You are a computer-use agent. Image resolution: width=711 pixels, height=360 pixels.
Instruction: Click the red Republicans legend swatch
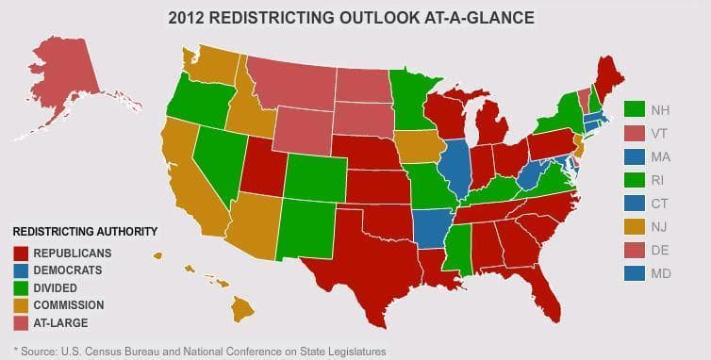[x=21, y=253]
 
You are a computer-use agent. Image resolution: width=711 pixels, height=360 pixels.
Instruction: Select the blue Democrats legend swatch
[x=21, y=270]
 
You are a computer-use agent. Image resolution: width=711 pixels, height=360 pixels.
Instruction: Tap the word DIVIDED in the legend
[x=56, y=287]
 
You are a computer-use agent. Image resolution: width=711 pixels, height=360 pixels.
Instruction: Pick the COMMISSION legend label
[x=68, y=305]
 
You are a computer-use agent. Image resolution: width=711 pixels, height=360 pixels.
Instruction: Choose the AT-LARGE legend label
[x=60, y=323]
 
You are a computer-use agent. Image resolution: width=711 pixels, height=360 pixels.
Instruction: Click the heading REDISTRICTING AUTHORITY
[x=85, y=232]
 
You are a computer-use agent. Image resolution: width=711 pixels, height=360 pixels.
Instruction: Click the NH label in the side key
[x=660, y=111]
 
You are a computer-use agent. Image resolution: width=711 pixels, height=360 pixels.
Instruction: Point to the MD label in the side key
[x=661, y=272]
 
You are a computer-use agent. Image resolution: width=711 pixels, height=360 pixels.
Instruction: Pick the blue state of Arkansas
[x=430, y=224]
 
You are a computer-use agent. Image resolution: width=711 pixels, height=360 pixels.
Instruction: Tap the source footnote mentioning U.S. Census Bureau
[x=198, y=351]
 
